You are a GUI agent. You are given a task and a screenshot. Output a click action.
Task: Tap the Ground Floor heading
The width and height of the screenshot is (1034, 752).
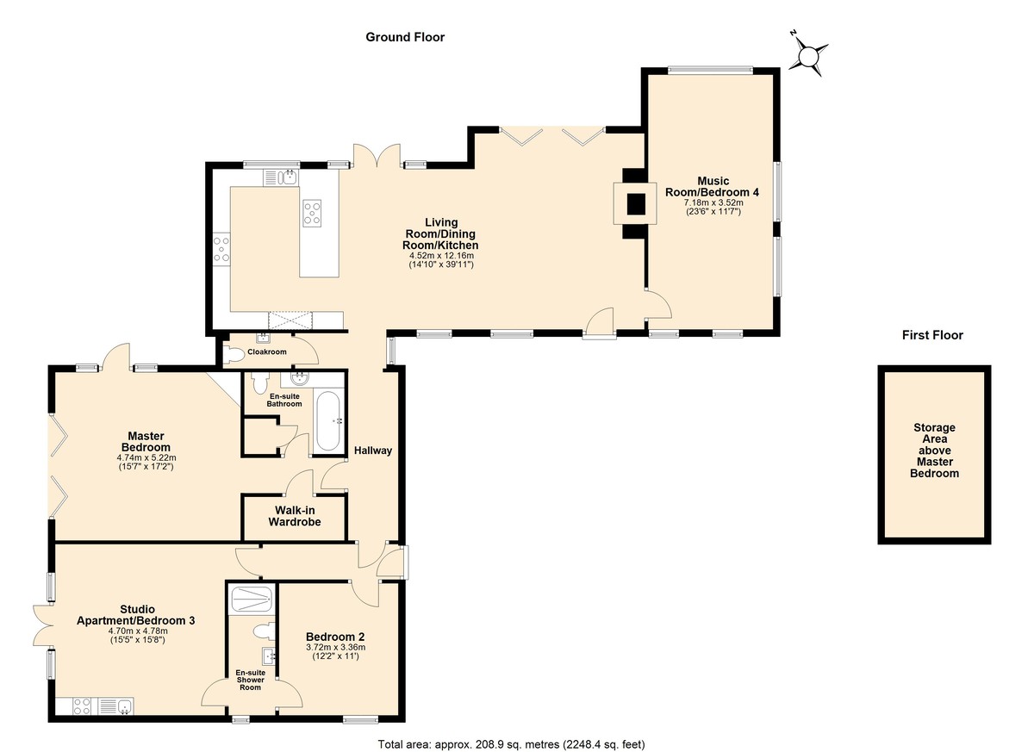(405, 37)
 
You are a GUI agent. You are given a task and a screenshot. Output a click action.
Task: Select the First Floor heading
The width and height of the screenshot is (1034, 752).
(932, 335)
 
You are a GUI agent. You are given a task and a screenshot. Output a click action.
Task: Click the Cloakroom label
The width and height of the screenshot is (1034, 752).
(267, 351)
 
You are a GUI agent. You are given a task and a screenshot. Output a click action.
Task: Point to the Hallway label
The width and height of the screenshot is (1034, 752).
(373, 451)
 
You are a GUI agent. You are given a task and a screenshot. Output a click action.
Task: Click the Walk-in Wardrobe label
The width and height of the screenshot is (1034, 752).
(295, 516)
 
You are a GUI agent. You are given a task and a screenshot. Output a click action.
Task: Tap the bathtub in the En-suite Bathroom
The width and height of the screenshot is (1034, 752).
(327, 422)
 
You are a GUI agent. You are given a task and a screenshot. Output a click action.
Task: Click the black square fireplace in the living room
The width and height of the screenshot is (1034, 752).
(636, 204)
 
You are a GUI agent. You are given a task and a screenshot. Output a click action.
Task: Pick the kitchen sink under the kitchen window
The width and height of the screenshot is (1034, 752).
(282, 177)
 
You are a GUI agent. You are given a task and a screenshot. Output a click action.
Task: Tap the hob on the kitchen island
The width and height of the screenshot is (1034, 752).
(312, 213)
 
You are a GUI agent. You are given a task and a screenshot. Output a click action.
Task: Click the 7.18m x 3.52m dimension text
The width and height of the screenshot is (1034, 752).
(713, 202)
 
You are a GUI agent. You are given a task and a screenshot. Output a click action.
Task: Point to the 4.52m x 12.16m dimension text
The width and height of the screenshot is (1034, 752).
(441, 256)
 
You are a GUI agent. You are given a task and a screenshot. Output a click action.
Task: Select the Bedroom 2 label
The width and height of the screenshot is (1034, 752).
(335, 637)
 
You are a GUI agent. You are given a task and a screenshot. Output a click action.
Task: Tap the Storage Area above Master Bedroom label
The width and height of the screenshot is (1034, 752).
(934, 451)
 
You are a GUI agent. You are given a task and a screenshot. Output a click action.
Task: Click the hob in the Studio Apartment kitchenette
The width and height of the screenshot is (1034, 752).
(83, 705)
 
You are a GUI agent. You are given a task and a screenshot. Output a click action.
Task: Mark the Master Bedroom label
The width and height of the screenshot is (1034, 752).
(146, 442)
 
